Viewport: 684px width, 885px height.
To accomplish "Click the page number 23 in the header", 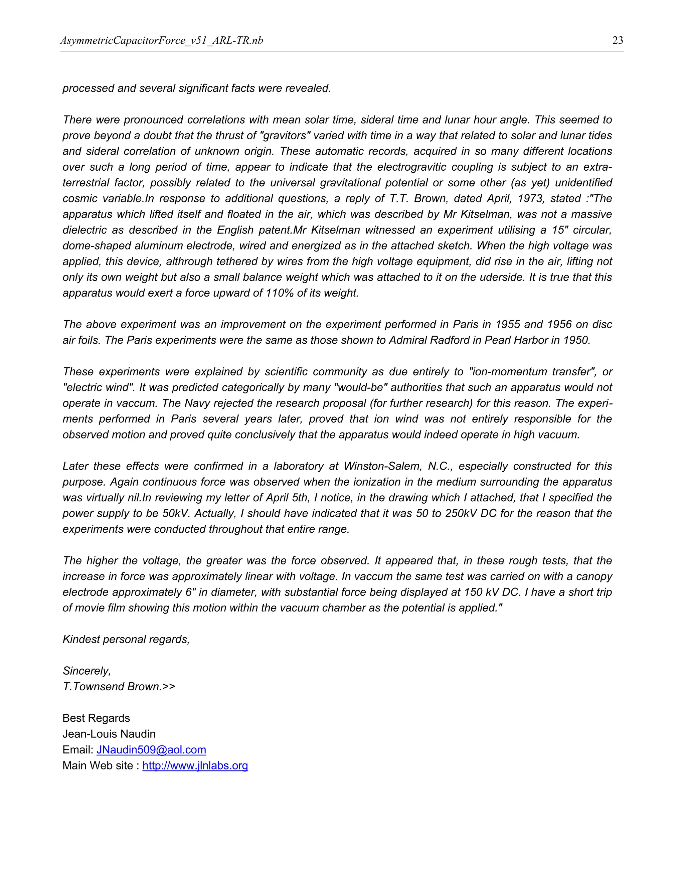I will tap(618, 40).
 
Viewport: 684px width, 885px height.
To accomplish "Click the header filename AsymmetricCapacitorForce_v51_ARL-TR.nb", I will tap(161, 40).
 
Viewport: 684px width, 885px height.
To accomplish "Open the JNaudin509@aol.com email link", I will tap(151, 750).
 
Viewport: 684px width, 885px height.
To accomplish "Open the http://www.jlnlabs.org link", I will tap(195, 765).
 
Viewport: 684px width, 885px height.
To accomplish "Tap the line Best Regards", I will tap(96, 718).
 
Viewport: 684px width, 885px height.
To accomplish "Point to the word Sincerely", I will tap(86, 671).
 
